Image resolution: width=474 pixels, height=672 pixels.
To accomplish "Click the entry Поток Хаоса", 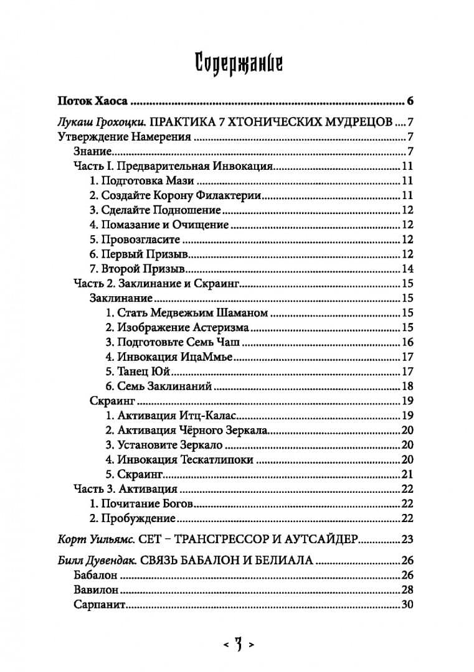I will (93, 101).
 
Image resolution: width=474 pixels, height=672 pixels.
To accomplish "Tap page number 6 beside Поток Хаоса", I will (410, 101).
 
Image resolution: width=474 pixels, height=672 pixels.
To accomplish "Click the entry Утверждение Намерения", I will (124, 137).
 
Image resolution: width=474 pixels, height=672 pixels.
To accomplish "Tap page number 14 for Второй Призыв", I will (408, 269).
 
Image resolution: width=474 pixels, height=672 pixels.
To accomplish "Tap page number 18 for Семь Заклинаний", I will (408, 386).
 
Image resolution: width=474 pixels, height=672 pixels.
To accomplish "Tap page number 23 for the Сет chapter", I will (408, 539).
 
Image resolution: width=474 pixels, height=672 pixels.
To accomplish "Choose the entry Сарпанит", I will (101, 604).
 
